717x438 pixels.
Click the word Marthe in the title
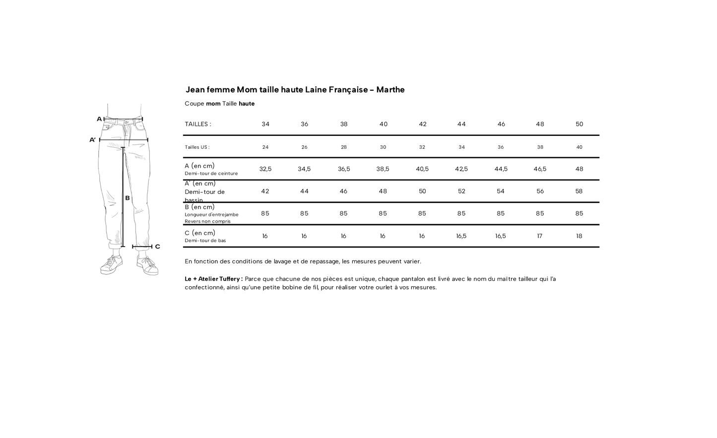390,90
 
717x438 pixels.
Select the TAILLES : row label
197,124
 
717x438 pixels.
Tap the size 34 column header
265,124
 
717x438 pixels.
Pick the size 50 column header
579,124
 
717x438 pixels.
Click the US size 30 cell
383,147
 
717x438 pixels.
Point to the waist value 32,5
265,169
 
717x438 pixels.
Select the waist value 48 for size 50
579,169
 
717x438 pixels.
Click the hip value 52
461,191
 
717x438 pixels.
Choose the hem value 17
540,236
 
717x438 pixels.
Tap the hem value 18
579,236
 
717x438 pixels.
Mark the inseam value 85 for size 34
265,214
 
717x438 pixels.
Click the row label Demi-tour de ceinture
211,174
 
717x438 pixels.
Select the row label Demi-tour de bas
205,241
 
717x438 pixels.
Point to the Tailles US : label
197,147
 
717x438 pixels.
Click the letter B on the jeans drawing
128,198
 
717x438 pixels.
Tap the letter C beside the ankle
157,247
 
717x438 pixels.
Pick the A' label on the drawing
92,140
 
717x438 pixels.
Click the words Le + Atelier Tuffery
213,279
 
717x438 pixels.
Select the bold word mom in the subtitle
213,104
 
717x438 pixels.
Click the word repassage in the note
325,261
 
